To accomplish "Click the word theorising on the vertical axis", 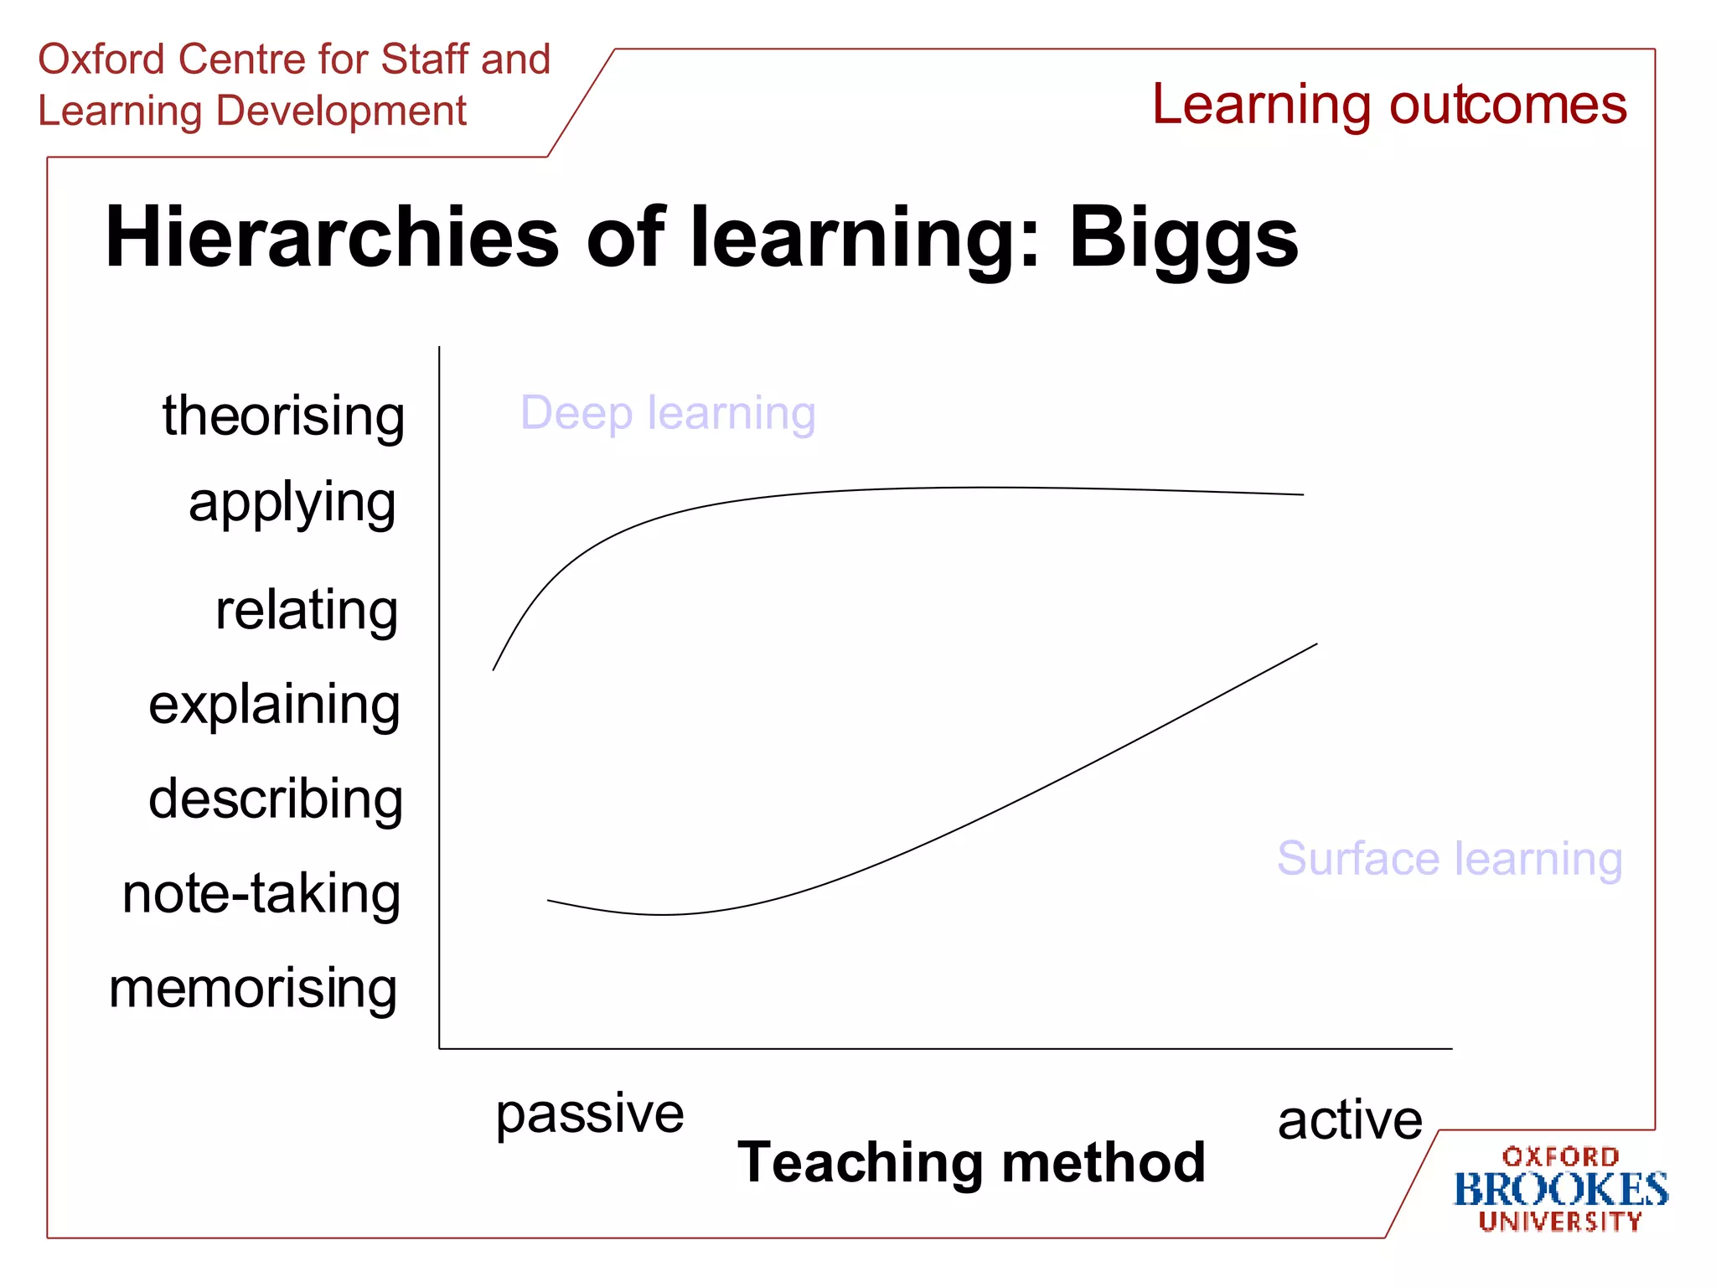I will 283,416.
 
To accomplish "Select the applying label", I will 292,503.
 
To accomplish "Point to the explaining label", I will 274,705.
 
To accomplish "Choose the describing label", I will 276,799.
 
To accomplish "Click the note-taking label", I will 261,893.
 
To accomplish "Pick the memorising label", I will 253,989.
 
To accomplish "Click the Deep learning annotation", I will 668,413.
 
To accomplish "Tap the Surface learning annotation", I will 1450,859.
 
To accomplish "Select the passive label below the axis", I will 590,1114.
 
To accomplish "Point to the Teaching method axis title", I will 971,1163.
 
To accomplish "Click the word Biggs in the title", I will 1183,238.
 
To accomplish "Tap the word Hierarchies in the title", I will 332,238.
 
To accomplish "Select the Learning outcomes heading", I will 1389,105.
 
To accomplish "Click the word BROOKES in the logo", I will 1560,1190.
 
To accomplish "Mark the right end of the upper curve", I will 1303,494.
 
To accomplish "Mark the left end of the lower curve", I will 549,901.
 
